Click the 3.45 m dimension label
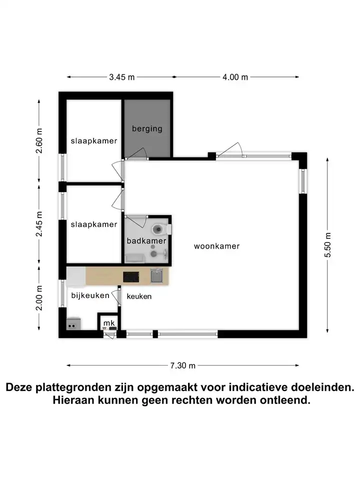pyautogui.click(x=122, y=77)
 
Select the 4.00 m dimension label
pyautogui.click(x=235, y=77)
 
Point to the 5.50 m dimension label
pyautogui.click(x=327, y=245)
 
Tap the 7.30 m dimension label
pyautogui.click(x=183, y=365)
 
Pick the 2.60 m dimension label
pyautogui.click(x=39, y=141)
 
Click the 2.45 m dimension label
pyautogui.click(x=39, y=224)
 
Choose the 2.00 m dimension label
pyautogui.click(x=39, y=298)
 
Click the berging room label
pyautogui.click(x=147, y=128)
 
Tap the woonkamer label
pyautogui.click(x=216, y=246)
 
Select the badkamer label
pyautogui.click(x=146, y=241)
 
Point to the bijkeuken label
pyautogui.click(x=90, y=295)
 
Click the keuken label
pyautogui.click(x=139, y=296)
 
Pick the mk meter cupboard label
pyautogui.click(x=109, y=323)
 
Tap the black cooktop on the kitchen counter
pyautogui.click(x=131, y=277)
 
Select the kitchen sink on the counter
pyautogui.click(x=156, y=276)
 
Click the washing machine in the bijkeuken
pyautogui.click(x=74, y=324)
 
